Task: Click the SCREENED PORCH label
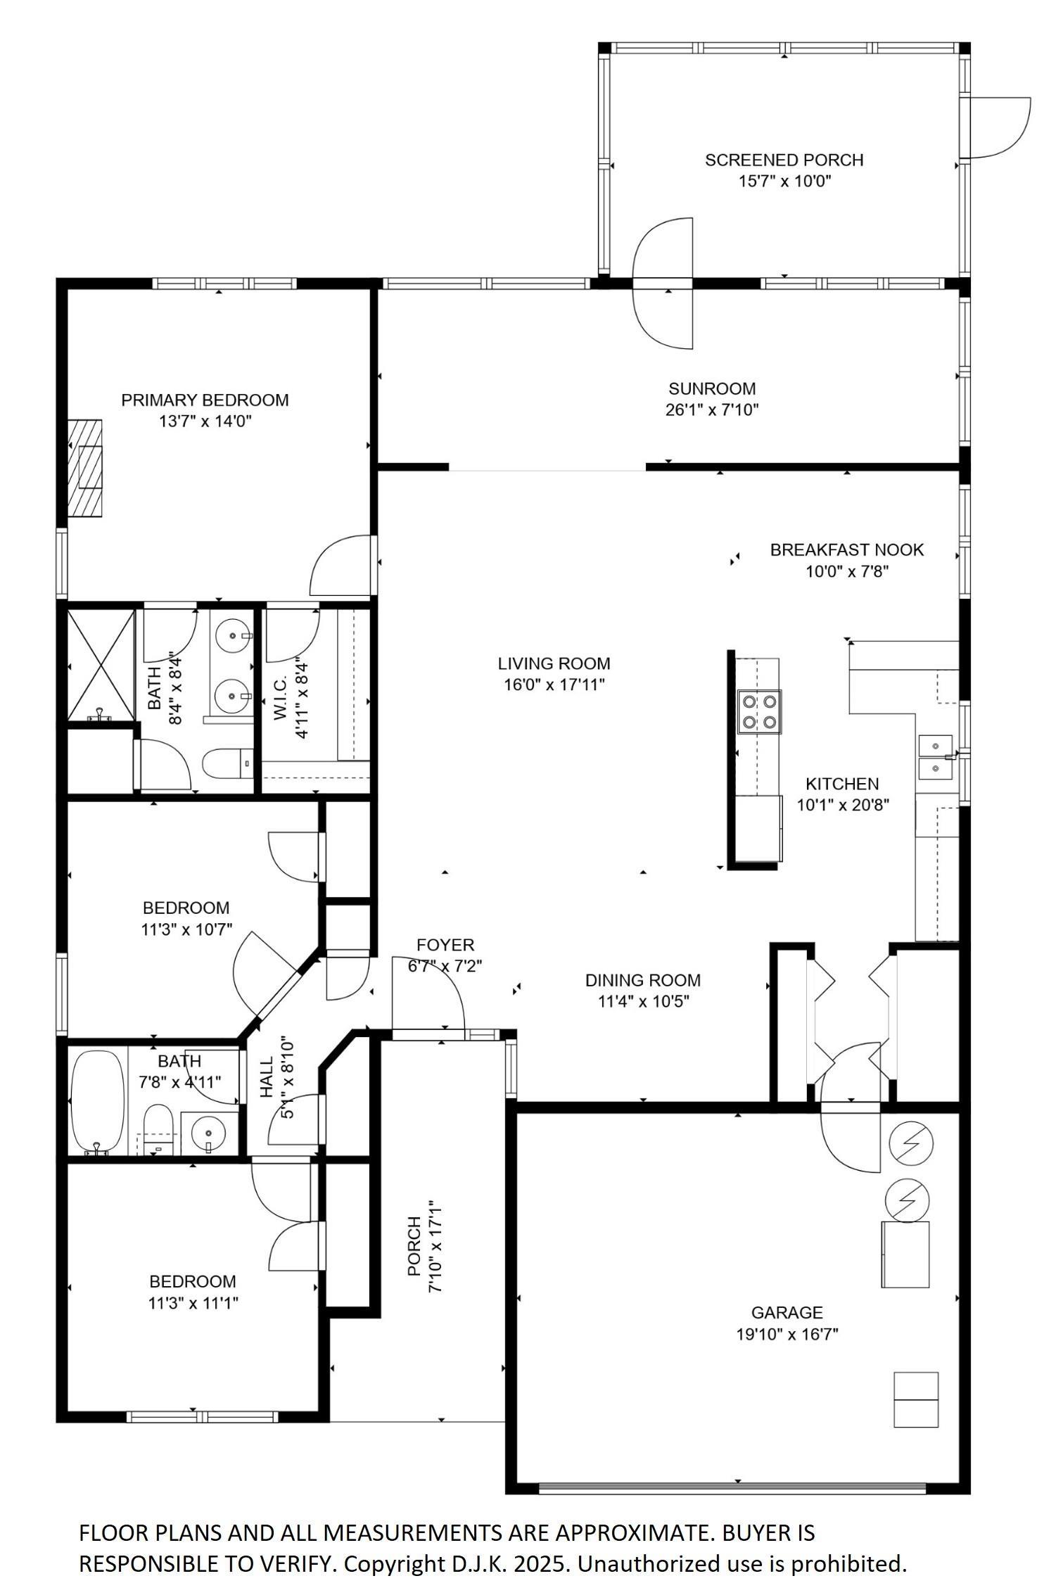point(784,160)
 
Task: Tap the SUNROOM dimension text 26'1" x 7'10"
point(712,409)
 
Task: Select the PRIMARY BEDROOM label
point(205,400)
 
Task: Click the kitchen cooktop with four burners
point(758,711)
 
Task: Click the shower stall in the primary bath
point(100,666)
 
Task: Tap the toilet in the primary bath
point(227,763)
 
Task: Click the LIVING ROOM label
point(554,663)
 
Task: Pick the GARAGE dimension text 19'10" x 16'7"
point(787,1334)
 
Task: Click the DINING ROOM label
point(643,980)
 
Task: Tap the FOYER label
point(445,945)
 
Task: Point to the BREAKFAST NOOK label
point(846,549)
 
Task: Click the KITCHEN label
point(842,784)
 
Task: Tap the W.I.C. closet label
point(279,699)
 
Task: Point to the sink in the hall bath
point(209,1133)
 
